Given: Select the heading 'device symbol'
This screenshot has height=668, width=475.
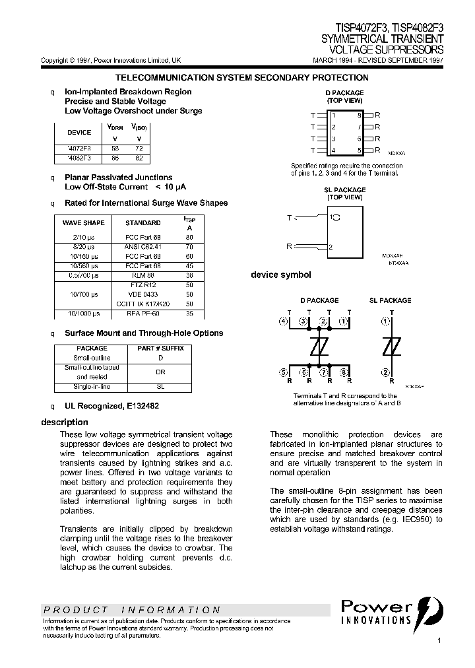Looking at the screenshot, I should pyautogui.click(x=280, y=275).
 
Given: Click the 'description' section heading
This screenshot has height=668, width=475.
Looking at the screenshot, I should pyautogui.click(x=65, y=422).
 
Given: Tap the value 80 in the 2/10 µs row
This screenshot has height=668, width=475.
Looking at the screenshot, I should pyautogui.click(x=189, y=237).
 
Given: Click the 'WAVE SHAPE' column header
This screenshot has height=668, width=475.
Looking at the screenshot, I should pyautogui.click(x=84, y=223).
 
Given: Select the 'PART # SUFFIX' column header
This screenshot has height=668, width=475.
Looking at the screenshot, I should pyautogui.click(x=160, y=348).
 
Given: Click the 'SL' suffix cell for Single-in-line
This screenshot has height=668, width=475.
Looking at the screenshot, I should pyautogui.click(x=160, y=386).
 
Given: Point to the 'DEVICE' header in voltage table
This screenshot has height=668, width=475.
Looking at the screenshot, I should pyautogui.click(x=80, y=132).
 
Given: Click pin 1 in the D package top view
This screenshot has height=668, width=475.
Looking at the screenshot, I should pyautogui.click(x=334, y=116).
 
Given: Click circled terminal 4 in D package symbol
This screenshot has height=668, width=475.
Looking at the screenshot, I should pyautogui.click(x=284, y=322).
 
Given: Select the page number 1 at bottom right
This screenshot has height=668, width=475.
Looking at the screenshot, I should pyautogui.click(x=439, y=641).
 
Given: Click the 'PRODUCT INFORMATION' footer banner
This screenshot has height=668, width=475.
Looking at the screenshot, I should pyautogui.click(x=132, y=610).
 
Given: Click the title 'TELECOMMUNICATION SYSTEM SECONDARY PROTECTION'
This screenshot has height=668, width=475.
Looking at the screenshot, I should pyautogui.click(x=242, y=78).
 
